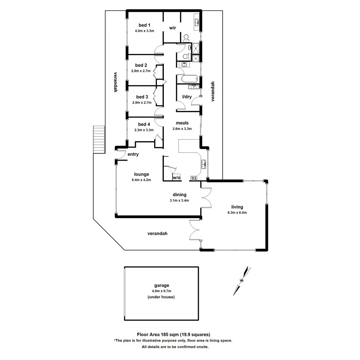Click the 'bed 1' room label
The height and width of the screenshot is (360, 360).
pyautogui.click(x=144, y=25)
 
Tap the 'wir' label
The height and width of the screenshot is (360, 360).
pyautogui.click(x=172, y=28)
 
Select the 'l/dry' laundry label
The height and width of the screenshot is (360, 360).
pyautogui.click(x=187, y=97)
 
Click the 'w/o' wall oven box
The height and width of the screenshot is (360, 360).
pyautogui.click(x=176, y=178)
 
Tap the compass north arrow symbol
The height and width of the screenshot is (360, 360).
pyautogui.click(x=242, y=280)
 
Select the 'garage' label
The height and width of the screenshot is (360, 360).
pyautogui.click(x=162, y=285)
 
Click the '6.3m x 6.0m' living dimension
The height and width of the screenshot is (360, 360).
pyautogui.click(x=237, y=212)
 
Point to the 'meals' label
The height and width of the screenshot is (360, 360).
pyautogui.click(x=182, y=123)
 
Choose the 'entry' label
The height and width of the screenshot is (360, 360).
pyautogui.click(x=133, y=154)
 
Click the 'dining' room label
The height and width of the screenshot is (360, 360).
pyautogui.click(x=179, y=195)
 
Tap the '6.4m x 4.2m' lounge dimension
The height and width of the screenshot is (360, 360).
pyautogui.click(x=141, y=180)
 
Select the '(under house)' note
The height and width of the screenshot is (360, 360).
pyautogui.click(x=161, y=297)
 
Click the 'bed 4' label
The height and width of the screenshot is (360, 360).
pyautogui.click(x=144, y=124)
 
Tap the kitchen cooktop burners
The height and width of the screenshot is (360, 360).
pyautogui.click(x=193, y=178)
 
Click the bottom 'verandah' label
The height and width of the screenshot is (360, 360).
pyautogui.click(x=157, y=233)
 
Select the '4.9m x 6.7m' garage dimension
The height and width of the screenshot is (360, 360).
pyautogui.click(x=161, y=291)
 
